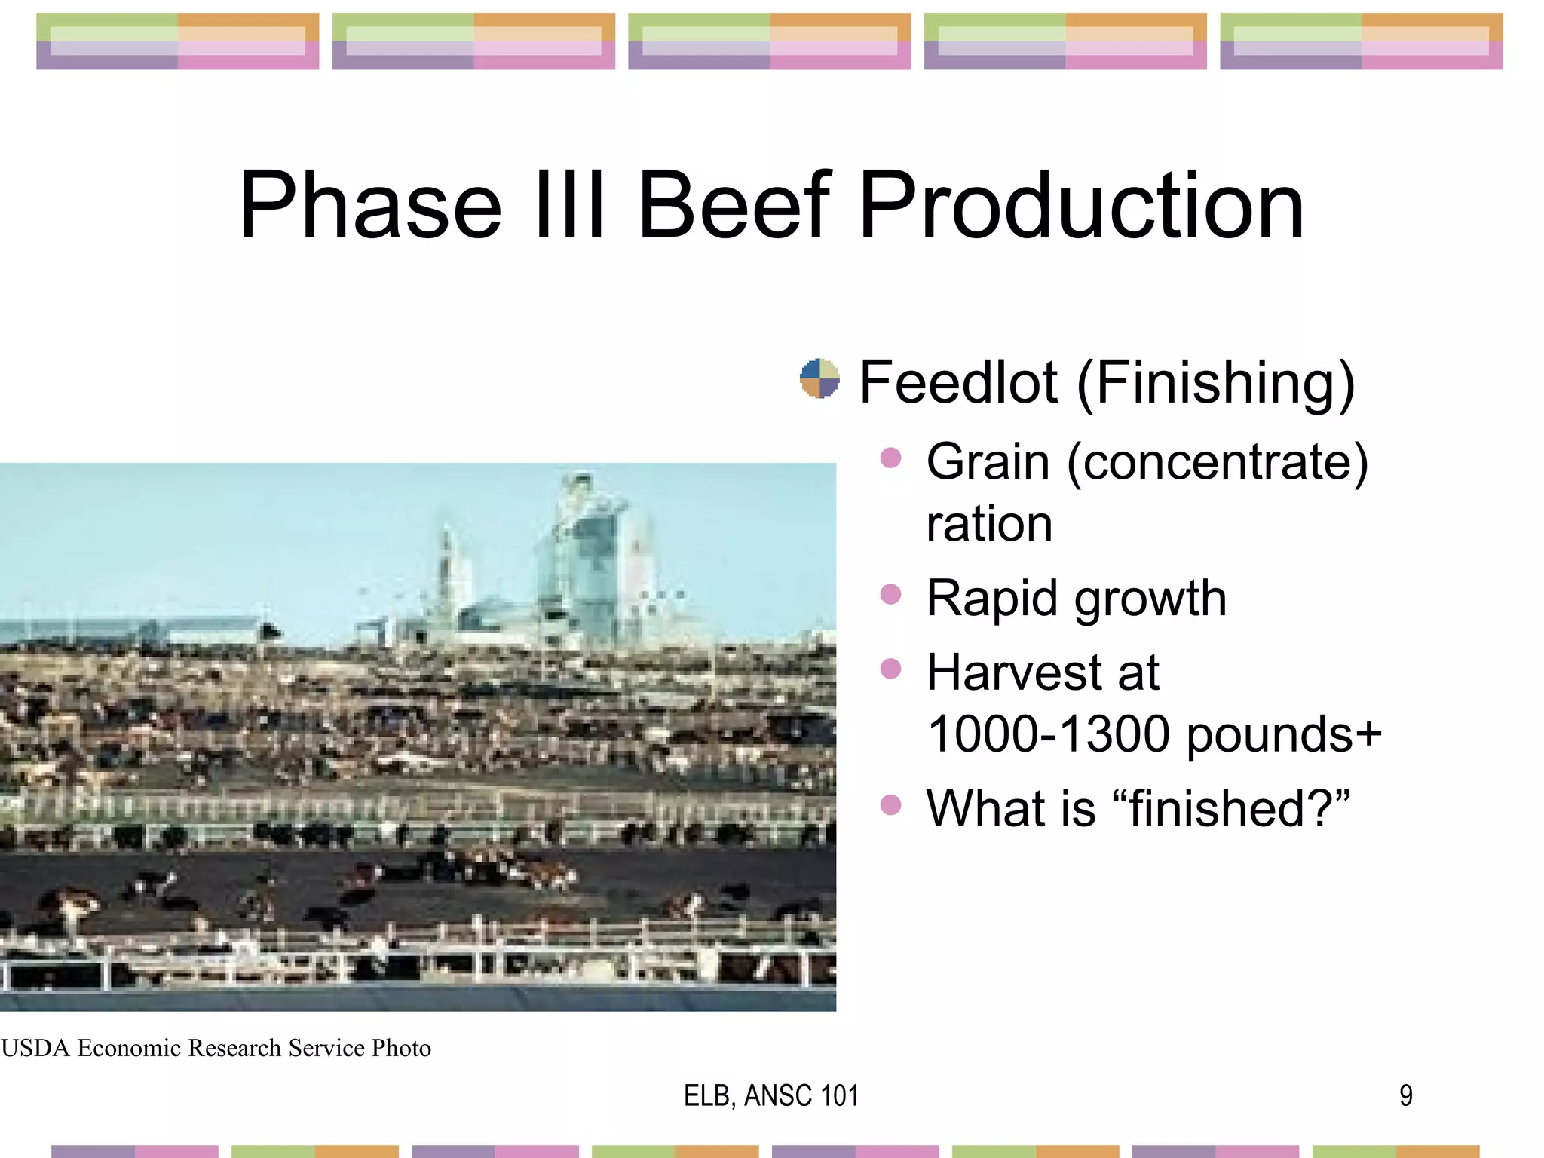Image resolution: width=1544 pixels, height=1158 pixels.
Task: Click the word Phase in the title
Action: [369, 205]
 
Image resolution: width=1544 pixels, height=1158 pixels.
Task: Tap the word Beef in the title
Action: [734, 205]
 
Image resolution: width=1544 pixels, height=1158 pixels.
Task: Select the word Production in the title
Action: [1080, 205]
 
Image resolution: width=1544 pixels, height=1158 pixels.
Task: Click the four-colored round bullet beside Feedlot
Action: [819, 378]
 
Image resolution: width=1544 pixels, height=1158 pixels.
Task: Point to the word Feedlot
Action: [958, 382]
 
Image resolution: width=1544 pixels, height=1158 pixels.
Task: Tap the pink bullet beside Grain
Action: [890, 458]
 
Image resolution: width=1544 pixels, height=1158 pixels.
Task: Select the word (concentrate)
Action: [1217, 462]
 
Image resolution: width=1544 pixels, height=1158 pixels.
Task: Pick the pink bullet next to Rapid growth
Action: [890, 594]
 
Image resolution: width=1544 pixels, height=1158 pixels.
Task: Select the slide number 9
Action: [1405, 1095]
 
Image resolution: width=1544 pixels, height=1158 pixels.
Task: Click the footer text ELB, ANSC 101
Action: [770, 1095]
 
